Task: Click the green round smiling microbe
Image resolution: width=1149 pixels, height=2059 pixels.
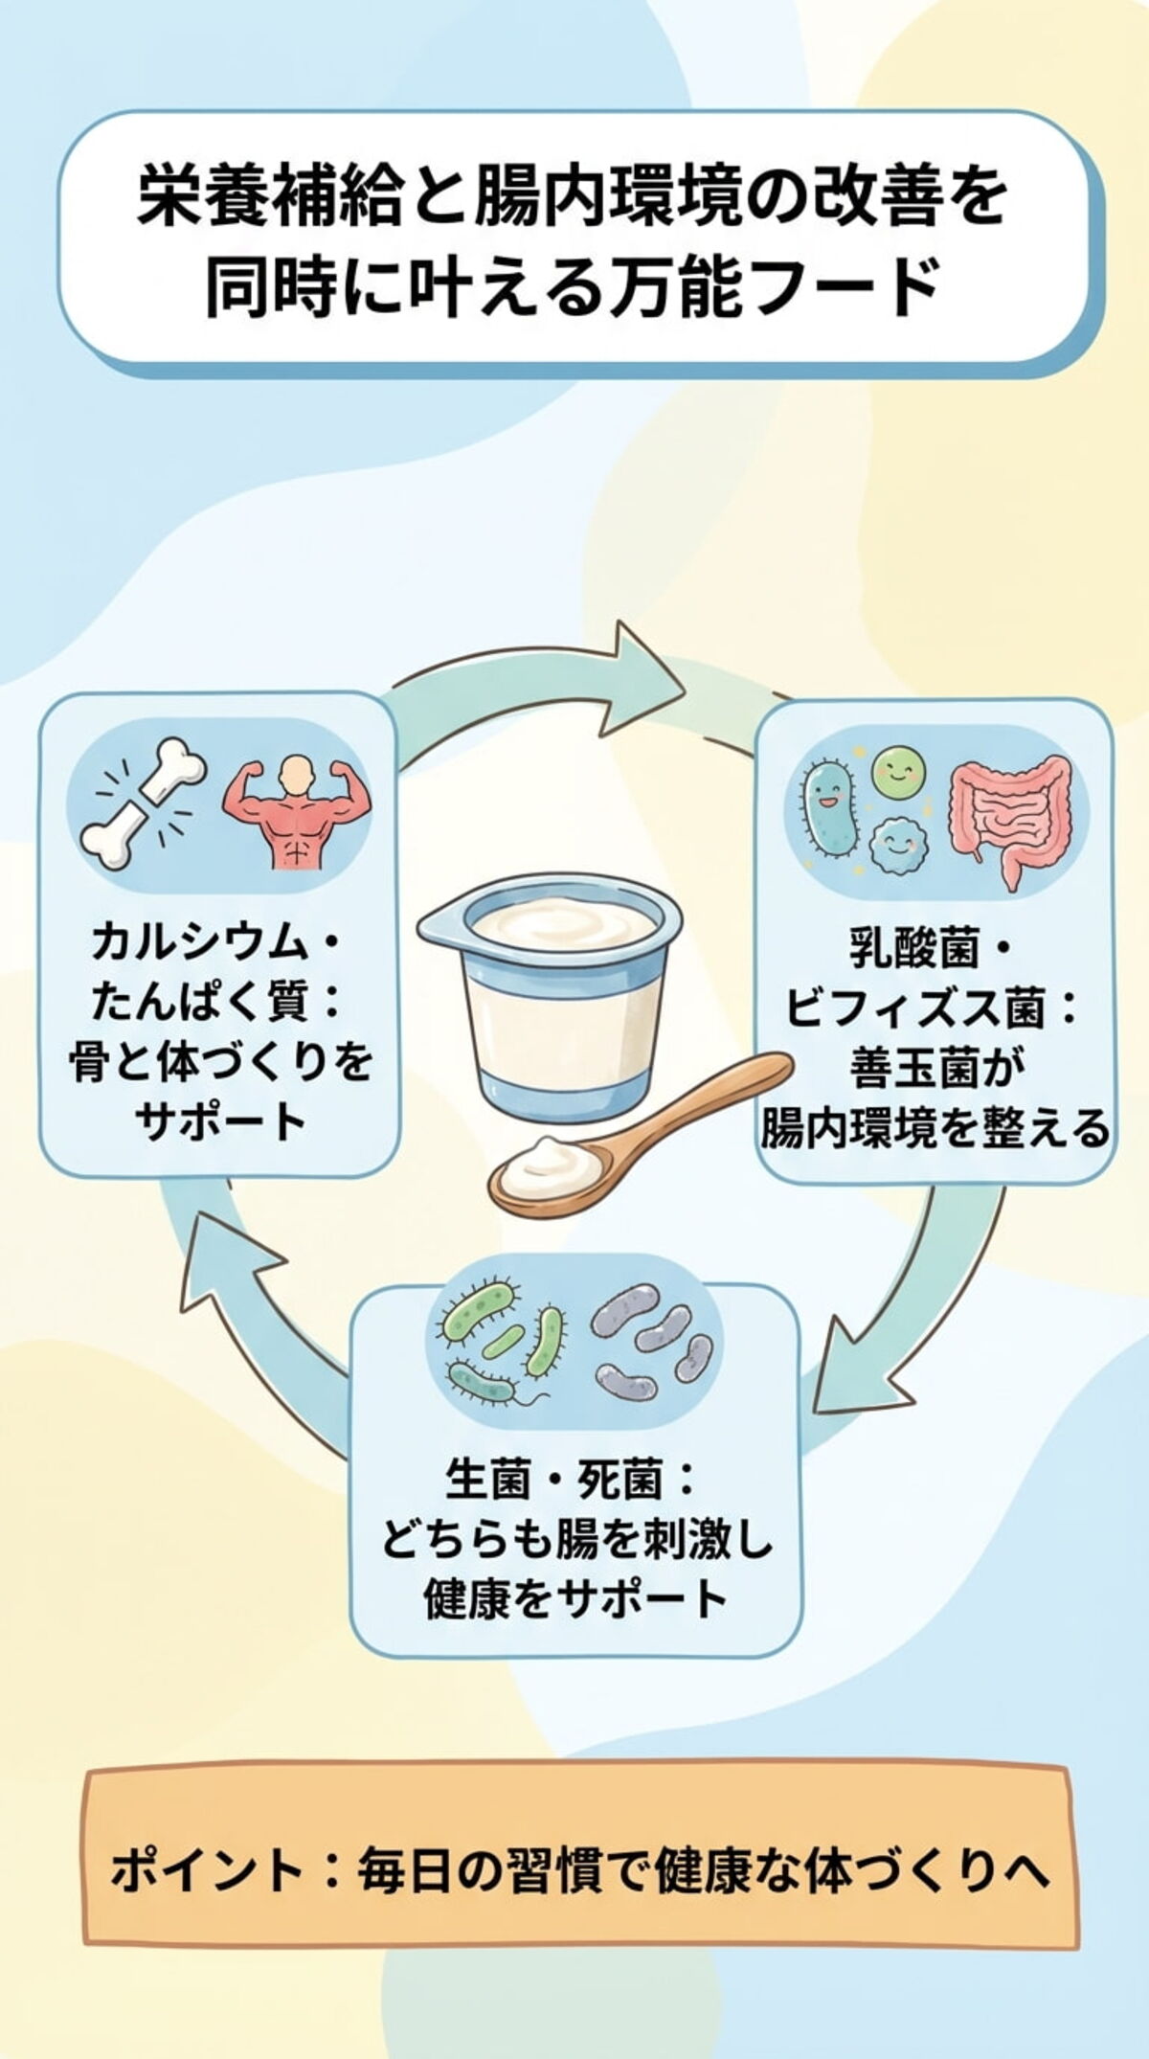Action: (x=899, y=772)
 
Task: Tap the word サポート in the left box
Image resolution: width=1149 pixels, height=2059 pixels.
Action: (x=220, y=1121)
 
